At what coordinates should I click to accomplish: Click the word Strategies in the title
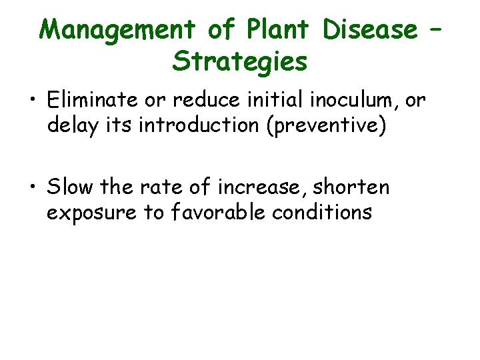[x=240, y=61]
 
